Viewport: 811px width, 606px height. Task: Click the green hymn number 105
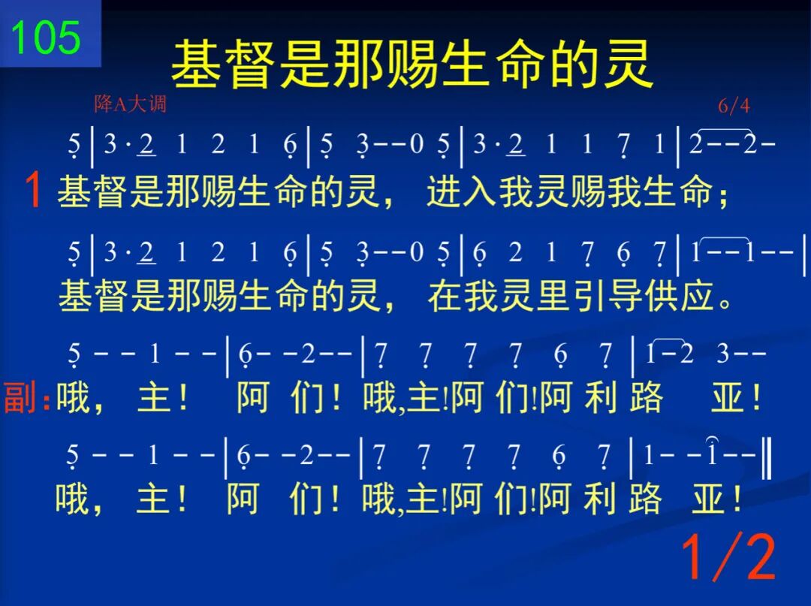pyautogui.click(x=46, y=38)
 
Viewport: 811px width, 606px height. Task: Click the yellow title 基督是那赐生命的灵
pyautogui.click(x=412, y=65)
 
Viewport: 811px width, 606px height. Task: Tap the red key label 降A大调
pyautogui.click(x=131, y=104)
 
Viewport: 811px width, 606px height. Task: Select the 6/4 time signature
pyautogui.click(x=734, y=105)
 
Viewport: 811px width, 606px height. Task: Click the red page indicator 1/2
pyautogui.click(x=728, y=557)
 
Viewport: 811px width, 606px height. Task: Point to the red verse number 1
pyautogui.click(x=33, y=190)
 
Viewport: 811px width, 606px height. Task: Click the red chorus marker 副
pyautogui.click(x=20, y=397)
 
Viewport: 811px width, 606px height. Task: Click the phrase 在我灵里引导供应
pyautogui.click(x=571, y=297)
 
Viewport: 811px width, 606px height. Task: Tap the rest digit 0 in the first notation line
pyautogui.click(x=416, y=143)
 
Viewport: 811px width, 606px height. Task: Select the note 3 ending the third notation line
pyautogui.click(x=723, y=354)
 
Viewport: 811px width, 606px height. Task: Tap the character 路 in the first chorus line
pyautogui.click(x=647, y=398)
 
